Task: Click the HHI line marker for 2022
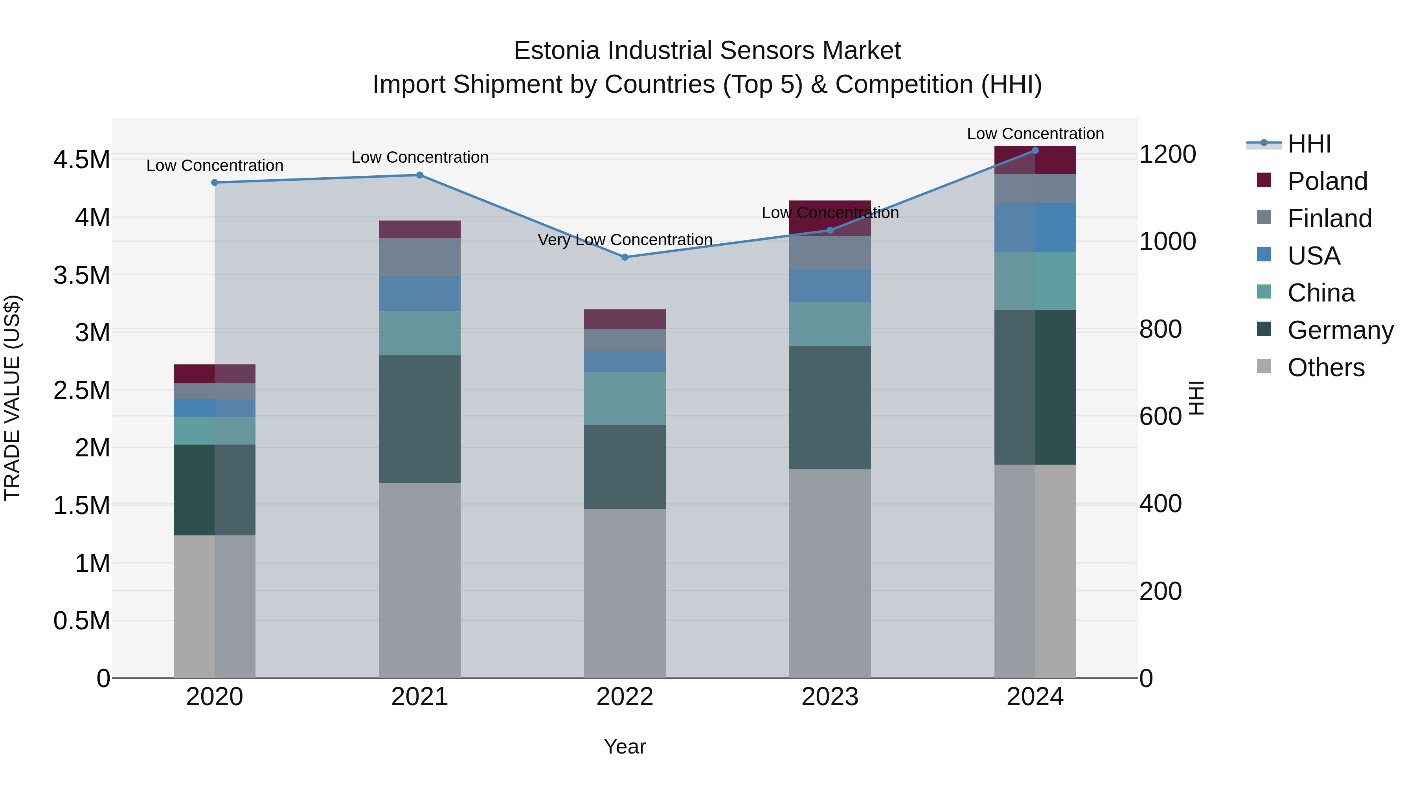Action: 625,257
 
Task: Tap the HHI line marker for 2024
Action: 1035,150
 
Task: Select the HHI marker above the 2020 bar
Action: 215,182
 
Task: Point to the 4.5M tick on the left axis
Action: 81,160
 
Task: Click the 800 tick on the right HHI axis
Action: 1160,329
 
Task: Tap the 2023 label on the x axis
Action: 829,697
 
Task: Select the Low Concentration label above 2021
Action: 420,157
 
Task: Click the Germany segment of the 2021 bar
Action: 420,419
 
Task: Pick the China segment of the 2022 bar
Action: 625,398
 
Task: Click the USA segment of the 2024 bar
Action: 1035,228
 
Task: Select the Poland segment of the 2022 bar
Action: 625,319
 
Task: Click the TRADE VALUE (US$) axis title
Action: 12,398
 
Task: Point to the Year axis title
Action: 625,746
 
